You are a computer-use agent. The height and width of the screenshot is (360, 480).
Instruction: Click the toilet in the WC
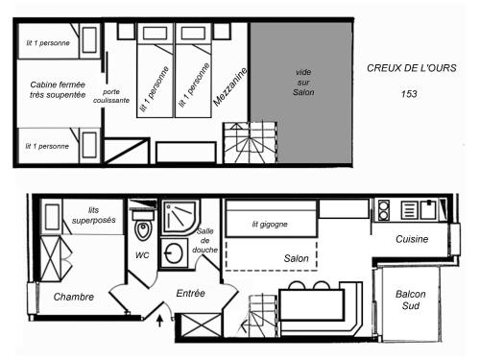coord(143,224)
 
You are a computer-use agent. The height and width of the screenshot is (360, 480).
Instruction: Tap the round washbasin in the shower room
coord(174,253)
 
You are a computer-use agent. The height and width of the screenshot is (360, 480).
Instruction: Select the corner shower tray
coord(180,217)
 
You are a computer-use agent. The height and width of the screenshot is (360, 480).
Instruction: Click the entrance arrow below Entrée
coord(159,321)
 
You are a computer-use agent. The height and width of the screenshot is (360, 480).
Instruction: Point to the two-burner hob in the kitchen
coord(384,210)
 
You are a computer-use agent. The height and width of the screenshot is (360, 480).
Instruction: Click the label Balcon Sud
coord(411,300)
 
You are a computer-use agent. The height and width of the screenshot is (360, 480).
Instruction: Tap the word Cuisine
coord(412,239)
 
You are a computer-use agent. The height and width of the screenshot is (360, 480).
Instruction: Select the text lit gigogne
coord(270,225)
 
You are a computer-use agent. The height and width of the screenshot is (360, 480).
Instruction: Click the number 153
coord(409,94)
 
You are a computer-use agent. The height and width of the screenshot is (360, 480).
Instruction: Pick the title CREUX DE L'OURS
coord(412,68)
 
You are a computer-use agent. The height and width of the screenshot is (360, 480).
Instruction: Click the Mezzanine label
coord(230,86)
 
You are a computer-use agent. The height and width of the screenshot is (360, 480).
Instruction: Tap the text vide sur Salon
coord(303,83)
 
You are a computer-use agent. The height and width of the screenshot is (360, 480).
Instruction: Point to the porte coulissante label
coord(111,96)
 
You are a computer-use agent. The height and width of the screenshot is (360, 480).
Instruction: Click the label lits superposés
coord(93,215)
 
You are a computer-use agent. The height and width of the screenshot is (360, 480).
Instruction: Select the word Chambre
coord(74,297)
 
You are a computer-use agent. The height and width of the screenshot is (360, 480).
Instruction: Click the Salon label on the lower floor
coord(297,258)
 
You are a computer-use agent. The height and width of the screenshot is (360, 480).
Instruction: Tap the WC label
coord(142,255)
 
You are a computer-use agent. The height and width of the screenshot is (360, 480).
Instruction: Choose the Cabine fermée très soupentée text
coord(58,90)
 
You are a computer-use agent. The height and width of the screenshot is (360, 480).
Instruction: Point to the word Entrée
coord(190,293)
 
